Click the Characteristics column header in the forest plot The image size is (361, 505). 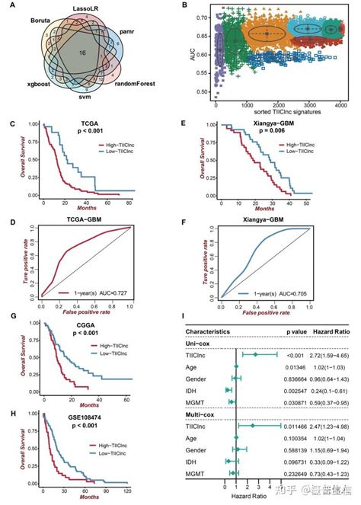tap(219, 332)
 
